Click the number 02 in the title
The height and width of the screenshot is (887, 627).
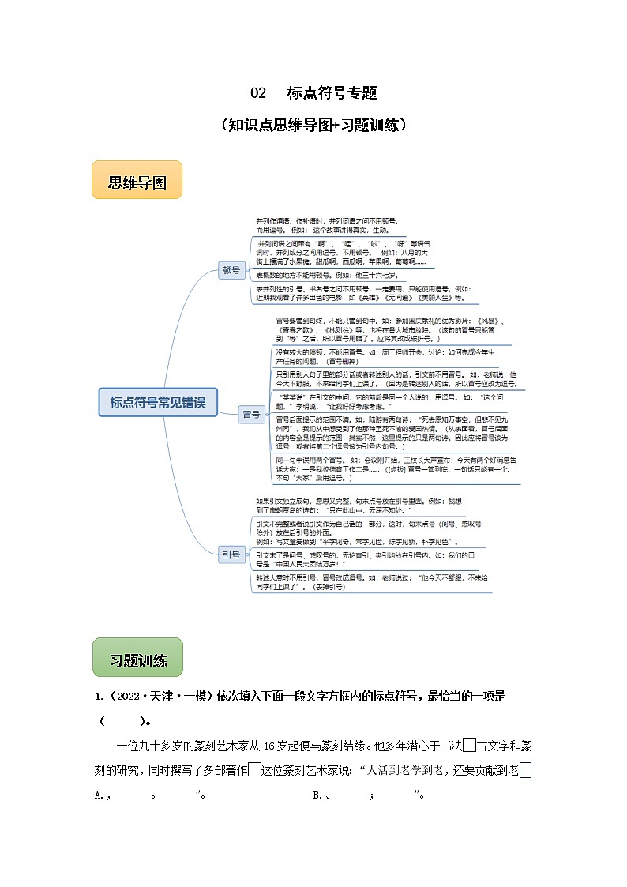[x=258, y=93]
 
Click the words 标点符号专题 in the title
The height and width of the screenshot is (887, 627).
[x=332, y=93]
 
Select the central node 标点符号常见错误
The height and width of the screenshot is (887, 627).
[x=158, y=402]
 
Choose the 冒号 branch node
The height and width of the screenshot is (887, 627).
[x=251, y=414]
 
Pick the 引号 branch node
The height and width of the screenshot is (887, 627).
[x=231, y=555]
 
